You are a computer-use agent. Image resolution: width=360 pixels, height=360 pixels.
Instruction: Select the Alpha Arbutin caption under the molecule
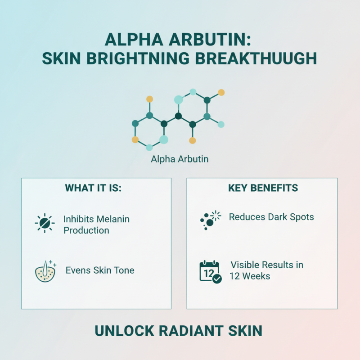(x=180, y=159)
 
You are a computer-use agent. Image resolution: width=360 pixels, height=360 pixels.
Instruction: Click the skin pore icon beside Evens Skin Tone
(x=45, y=271)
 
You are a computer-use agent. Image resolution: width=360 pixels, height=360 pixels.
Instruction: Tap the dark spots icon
(x=210, y=219)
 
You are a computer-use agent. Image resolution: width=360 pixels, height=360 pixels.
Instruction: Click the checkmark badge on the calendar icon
(x=217, y=279)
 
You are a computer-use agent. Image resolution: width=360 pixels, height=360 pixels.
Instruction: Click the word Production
(x=86, y=230)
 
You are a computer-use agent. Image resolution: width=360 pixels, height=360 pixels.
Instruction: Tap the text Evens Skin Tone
(x=100, y=270)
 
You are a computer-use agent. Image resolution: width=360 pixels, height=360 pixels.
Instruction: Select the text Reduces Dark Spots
(x=271, y=217)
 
